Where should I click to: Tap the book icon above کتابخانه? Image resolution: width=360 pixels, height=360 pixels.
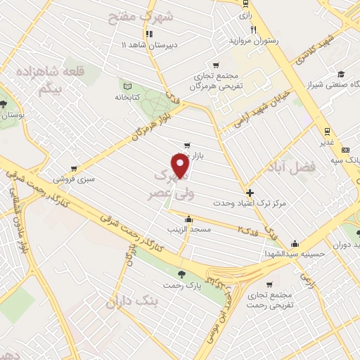pos(127,84)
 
